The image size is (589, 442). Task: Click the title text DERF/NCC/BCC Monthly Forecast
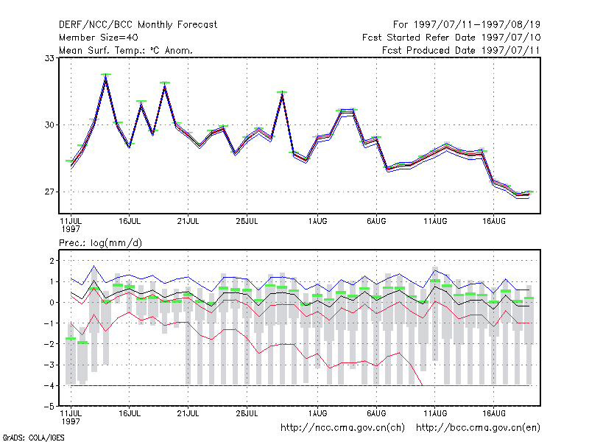tap(138, 25)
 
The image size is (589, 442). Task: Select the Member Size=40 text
tap(99, 38)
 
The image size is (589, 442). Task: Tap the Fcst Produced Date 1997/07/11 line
tap(461, 50)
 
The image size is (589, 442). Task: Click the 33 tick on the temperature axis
tap(49, 58)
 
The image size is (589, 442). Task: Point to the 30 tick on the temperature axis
tap(49, 124)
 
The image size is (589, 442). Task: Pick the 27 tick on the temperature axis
tap(49, 192)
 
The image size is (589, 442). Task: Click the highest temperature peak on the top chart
tap(106, 75)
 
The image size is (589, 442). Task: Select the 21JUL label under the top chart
tap(188, 222)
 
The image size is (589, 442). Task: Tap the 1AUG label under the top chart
tap(317, 222)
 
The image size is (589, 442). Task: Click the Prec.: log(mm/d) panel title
tap(100, 243)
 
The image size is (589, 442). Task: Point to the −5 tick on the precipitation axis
tap(49, 407)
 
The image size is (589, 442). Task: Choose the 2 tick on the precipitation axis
tap(52, 261)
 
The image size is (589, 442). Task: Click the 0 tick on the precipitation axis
tap(52, 302)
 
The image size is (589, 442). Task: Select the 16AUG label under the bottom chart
tap(493, 413)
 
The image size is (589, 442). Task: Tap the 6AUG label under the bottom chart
tap(376, 413)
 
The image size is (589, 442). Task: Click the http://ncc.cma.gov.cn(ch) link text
tap(342, 428)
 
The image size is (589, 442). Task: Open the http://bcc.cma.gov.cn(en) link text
tap(478, 428)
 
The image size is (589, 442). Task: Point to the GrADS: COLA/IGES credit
tap(33, 438)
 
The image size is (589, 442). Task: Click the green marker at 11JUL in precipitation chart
tap(71, 339)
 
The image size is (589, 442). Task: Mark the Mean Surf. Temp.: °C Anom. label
tap(126, 50)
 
